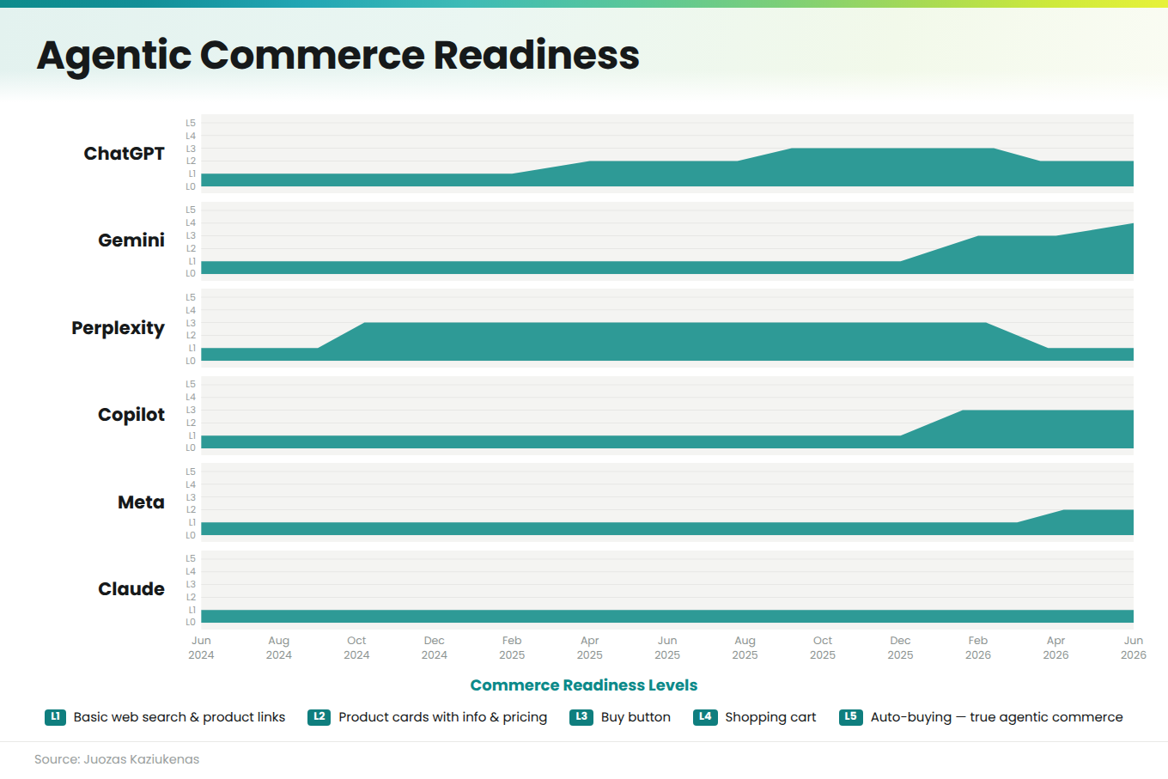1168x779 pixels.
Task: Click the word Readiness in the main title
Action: tap(536, 55)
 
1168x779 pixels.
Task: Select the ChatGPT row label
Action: tap(124, 153)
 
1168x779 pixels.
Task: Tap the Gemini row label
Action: tap(131, 240)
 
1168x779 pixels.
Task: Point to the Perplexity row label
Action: tap(118, 328)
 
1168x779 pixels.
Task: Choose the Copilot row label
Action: tap(131, 415)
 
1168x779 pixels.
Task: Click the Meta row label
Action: tap(141, 502)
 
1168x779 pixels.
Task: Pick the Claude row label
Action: tap(131, 588)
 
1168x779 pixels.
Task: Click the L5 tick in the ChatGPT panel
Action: tap(191, 123)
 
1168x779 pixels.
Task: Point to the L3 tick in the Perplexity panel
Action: tap(191, 323)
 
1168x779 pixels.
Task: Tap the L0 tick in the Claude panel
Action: tap(191, 622)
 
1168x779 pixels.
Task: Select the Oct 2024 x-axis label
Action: tap(356, 648)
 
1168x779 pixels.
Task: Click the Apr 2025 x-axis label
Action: tap(590, 648)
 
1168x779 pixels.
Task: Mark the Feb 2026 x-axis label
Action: tap(978, 648)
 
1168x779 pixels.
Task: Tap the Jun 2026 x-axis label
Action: tap(1134, 648)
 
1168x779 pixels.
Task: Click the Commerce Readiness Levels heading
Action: tap(584, 685)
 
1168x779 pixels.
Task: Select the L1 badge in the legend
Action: tap(55, 717)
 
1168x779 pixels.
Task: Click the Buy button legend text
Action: tap(636, 717)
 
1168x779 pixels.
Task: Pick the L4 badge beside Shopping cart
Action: tap(705, 717)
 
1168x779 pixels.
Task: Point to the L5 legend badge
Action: tap(850, 717)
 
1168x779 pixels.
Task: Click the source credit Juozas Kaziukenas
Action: tap(142, 759)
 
